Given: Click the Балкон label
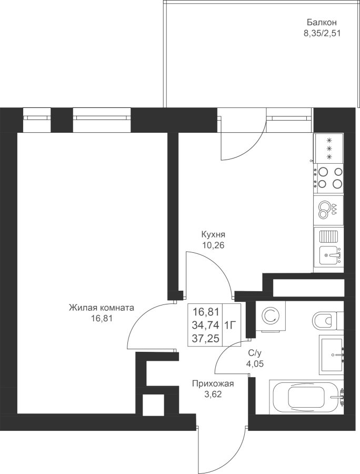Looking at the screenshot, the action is (322, 22).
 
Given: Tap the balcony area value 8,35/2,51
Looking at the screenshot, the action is (322, 33).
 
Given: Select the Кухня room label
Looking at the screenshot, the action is (213, 234).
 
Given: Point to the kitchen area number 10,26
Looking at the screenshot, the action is (214, 245).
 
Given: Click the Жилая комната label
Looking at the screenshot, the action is (102, 308).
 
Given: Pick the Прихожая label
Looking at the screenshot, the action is (213, 384).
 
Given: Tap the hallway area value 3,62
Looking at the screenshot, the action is (213, 394).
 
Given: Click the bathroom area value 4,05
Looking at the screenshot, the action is (255, 363).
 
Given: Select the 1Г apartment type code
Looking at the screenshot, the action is (230, 325).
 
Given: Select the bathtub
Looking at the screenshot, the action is (306, 397).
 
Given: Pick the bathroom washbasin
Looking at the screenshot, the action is (332, 355).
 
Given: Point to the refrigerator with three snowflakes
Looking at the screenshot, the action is (328, 149).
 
